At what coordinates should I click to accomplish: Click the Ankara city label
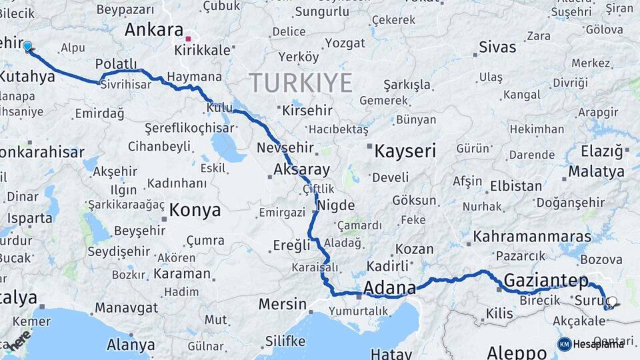pyautogui.click(x=154, y=30)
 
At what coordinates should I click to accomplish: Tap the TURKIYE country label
pyautogui.click(x=301, y=83)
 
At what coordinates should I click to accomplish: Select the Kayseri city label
pyautogui.click(x=405, y=151)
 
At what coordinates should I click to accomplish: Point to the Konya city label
pyautogui.click(x=195, y=211)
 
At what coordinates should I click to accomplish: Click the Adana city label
pyautogui.click(x=389, y=289)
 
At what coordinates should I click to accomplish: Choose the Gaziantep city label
pyautogui.click(x=546, y=281)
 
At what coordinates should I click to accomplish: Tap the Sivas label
pyautogui.click(x=497, y=47)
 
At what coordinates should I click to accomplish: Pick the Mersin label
pyautogui.click(x=282, y=304)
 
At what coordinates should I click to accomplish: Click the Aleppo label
pyautogui.click(x=517, y=351)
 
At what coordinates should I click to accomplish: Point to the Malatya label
pyautogui.click(x=596, y=172)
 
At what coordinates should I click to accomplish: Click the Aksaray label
pyautogui.click(x=302, y=169)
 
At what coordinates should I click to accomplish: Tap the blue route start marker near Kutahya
pyautogui.click(x=27, y=46)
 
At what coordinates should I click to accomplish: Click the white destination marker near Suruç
pyautogui.click(x=611, y=302)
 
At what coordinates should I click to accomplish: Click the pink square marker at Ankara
pyautogui.click(x=189, y=39)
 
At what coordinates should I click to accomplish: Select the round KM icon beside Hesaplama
pyautogui.click(x=564, y=344)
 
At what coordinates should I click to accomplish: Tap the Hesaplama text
pyautogui.click(x=599, y=344)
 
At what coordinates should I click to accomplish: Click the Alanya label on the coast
pyautogui.click(x=131, y=345)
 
